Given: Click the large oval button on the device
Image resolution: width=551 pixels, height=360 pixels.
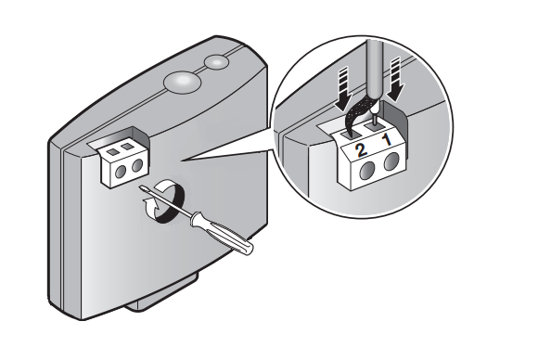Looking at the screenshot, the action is (x=182, y=82).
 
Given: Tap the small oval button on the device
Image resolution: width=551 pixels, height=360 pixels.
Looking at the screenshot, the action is (x=217, y=62).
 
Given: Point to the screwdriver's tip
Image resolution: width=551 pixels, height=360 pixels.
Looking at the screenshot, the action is (x=141, y=187).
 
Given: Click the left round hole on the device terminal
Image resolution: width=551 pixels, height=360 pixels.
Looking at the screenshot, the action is (x=121, y=172).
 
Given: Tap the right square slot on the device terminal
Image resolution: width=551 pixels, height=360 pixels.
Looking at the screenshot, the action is (x=128, y=145).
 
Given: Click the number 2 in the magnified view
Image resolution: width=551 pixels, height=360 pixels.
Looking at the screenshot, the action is (x=361, y=150).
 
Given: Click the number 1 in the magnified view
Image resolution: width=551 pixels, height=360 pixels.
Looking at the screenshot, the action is (x=386, y=141).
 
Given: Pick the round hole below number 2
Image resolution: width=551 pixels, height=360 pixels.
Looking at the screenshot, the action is (x=368, y=173).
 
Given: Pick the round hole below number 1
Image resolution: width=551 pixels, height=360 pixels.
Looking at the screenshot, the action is (x=391, y=162).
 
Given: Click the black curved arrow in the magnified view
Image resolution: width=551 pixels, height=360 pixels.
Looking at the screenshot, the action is (x=358, y=116).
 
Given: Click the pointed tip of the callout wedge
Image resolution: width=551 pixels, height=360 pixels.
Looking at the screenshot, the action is (x=181, y=161).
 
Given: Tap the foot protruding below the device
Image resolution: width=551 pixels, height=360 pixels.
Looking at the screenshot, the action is (x=162, y=292).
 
